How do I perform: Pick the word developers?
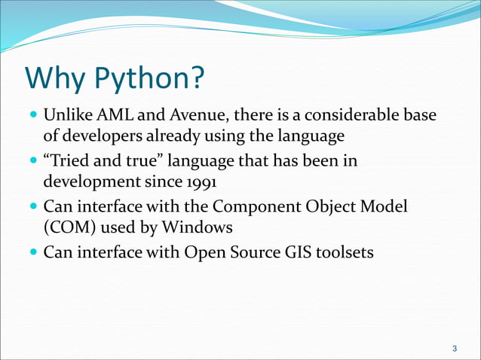coord(100,136)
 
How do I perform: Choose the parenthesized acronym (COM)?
coord(68,227)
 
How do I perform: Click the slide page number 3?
coord(454,348)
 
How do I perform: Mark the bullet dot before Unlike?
coord(33,117)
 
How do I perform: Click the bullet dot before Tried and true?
coord(33,162)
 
